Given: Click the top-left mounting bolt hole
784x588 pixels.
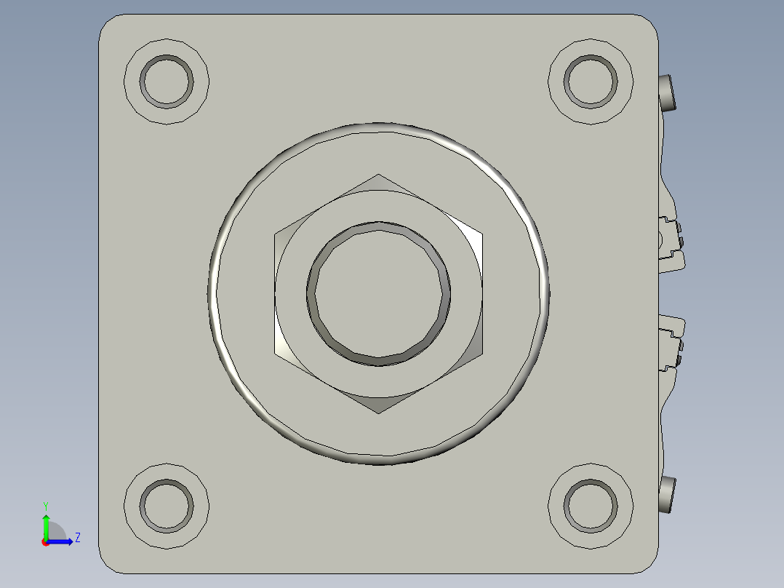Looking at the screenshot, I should point(167,82).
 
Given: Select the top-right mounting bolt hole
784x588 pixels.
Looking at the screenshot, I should point(591,80).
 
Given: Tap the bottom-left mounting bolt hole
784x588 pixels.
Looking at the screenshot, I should point(167,505).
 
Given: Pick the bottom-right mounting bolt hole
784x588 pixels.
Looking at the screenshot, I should point(591,505).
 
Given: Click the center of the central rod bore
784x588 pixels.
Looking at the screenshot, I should point(378,293).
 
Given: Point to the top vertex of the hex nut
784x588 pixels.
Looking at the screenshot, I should point(378,175).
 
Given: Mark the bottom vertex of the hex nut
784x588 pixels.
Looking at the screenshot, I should point(378,413).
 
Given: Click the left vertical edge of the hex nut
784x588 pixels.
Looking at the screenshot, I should point(275,294).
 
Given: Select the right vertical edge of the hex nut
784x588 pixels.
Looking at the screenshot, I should point(482,294).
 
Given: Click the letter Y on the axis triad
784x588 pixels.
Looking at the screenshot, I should point(45,505).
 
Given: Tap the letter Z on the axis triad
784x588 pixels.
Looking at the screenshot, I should point(77,538).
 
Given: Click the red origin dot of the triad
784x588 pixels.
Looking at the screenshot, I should point(45,542).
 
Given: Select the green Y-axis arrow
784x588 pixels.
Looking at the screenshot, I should point(46,525).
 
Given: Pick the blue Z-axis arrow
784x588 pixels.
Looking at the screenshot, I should point(61,541).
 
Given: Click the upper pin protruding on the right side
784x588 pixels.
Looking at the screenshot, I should point(668,92).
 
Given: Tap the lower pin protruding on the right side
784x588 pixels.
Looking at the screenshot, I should point(668,495).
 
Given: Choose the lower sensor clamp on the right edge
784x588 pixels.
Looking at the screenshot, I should point(672,342).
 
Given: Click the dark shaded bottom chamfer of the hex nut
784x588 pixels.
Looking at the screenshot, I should point(378,404).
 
